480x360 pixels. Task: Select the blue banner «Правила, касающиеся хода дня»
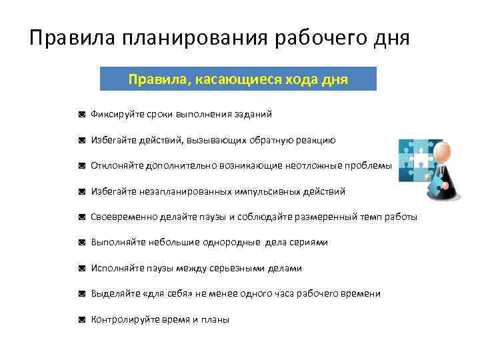[238, 79]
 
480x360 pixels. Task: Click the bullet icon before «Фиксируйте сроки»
[81, 115]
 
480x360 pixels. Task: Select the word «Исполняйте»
[115, 268]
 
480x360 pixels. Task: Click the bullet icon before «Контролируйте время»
[81, 319]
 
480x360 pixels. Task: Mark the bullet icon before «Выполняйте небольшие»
[81, 243]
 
